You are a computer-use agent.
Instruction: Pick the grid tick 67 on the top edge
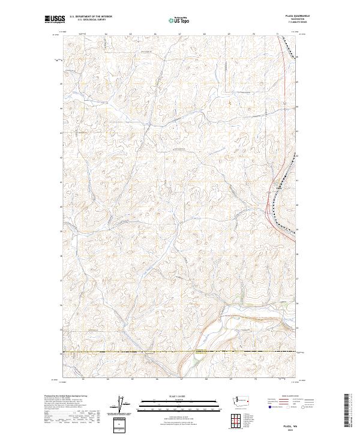tap(180, 34)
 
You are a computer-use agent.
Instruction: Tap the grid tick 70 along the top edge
tap(254, 34)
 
